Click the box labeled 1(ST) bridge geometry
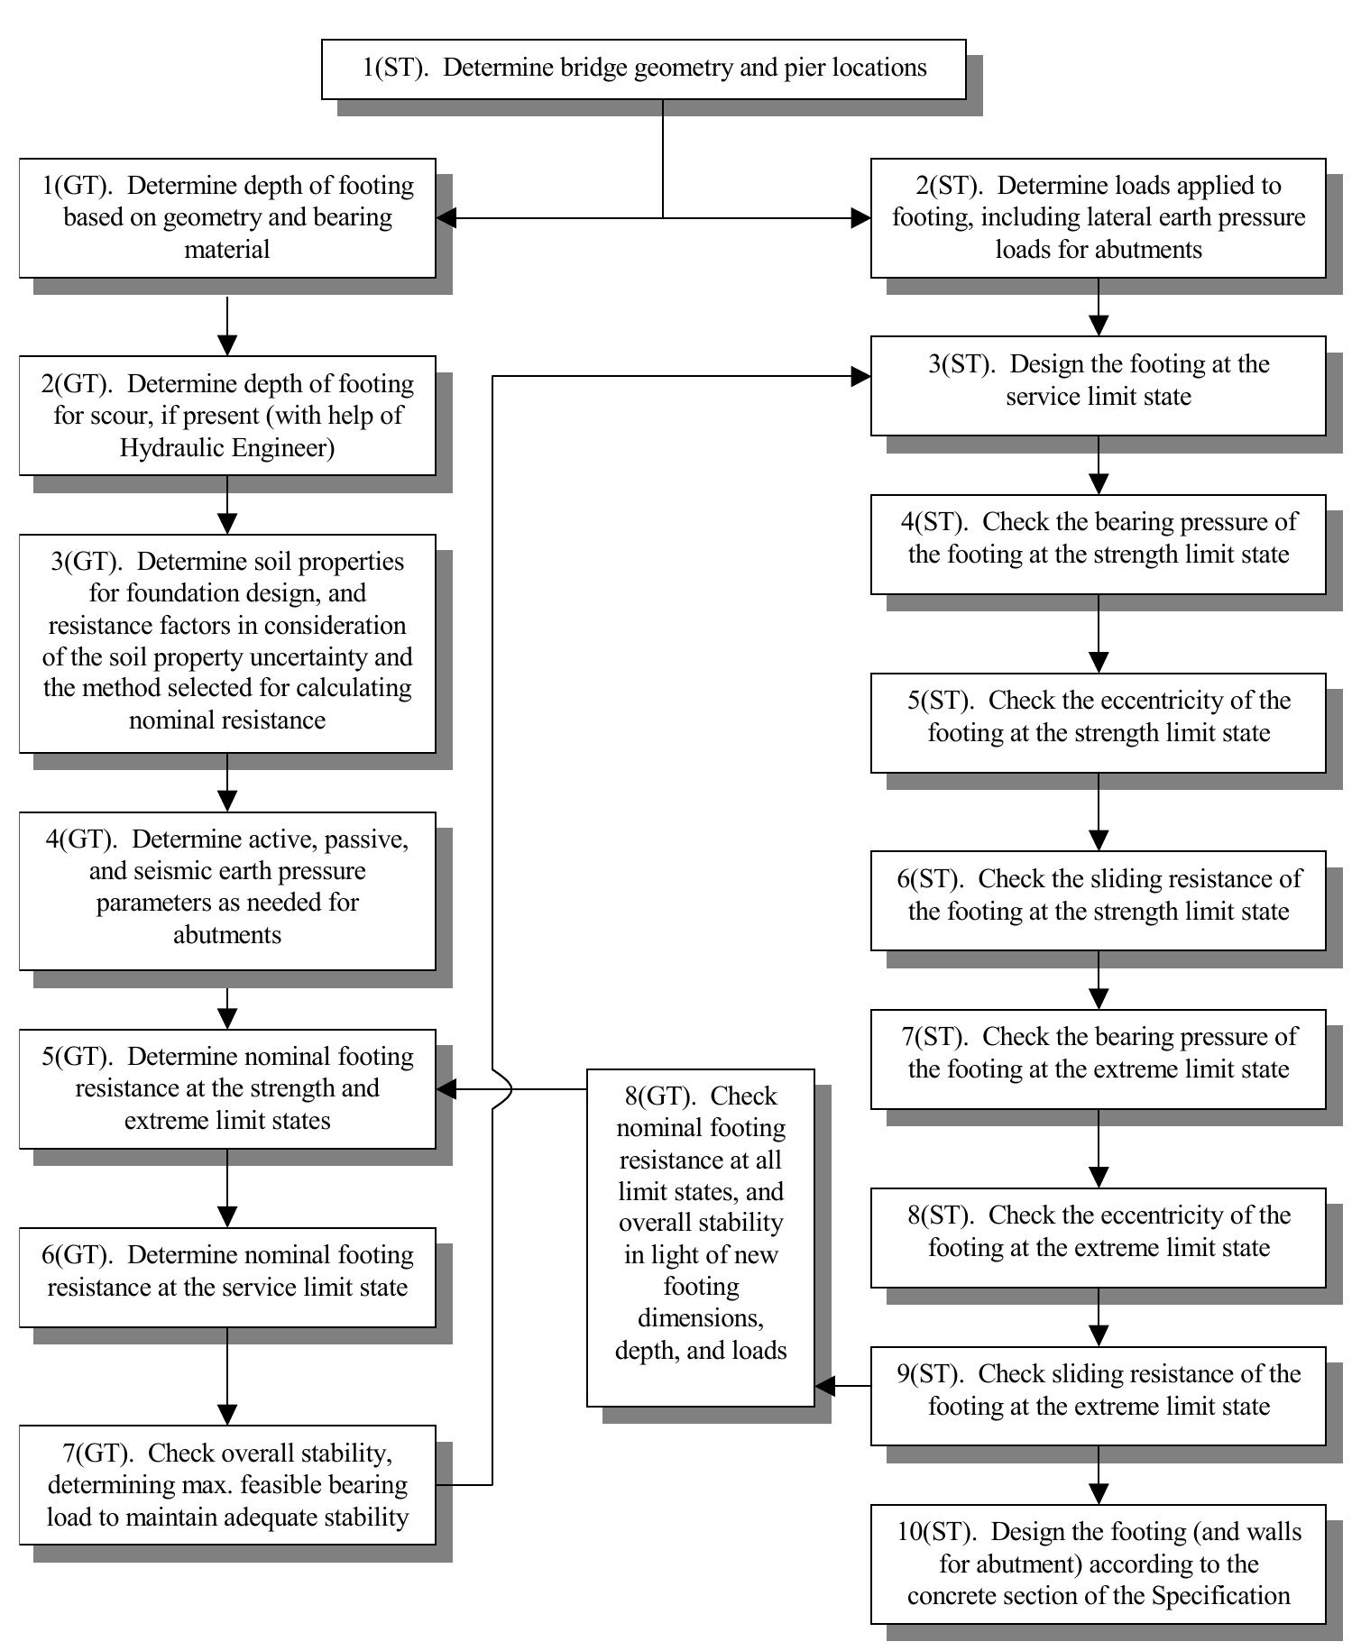(x=643, y=69)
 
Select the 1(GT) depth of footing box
(x=227, y=217)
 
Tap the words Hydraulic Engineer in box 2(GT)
(x=227, y=447)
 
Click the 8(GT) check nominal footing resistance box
(x=701, y=1236)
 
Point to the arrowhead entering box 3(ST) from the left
(x=861, y=377)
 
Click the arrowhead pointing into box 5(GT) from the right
(x=446, y=1089)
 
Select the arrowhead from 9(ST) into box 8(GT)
(x=824, y=1386)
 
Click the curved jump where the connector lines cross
(x=503, y=1089)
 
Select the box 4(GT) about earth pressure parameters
(x=227, y=890)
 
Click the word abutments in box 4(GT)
(x=227, y=934)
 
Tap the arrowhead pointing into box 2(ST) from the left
(x=861, y=217)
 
